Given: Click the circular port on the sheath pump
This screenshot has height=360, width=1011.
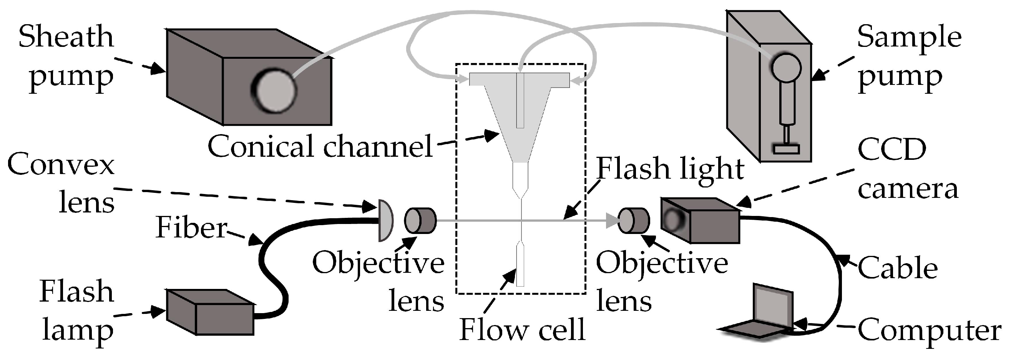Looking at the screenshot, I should point(274,91).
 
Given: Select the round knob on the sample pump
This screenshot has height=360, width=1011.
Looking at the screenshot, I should point(785,67).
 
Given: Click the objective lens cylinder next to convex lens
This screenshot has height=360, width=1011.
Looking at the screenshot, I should point(420,221).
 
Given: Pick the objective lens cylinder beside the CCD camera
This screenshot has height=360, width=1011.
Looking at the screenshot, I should point(633,221).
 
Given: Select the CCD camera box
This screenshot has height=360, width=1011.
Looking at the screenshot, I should point(701,221).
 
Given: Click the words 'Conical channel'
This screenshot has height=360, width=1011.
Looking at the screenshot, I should point(320,146).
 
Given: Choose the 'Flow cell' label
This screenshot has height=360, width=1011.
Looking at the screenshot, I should point(522,330).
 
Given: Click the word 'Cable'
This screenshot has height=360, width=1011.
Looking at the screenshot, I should point(898,269).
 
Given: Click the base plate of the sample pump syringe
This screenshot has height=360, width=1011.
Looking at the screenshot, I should point(786,149).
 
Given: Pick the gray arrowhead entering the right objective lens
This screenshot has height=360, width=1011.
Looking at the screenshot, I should point(612,221).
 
